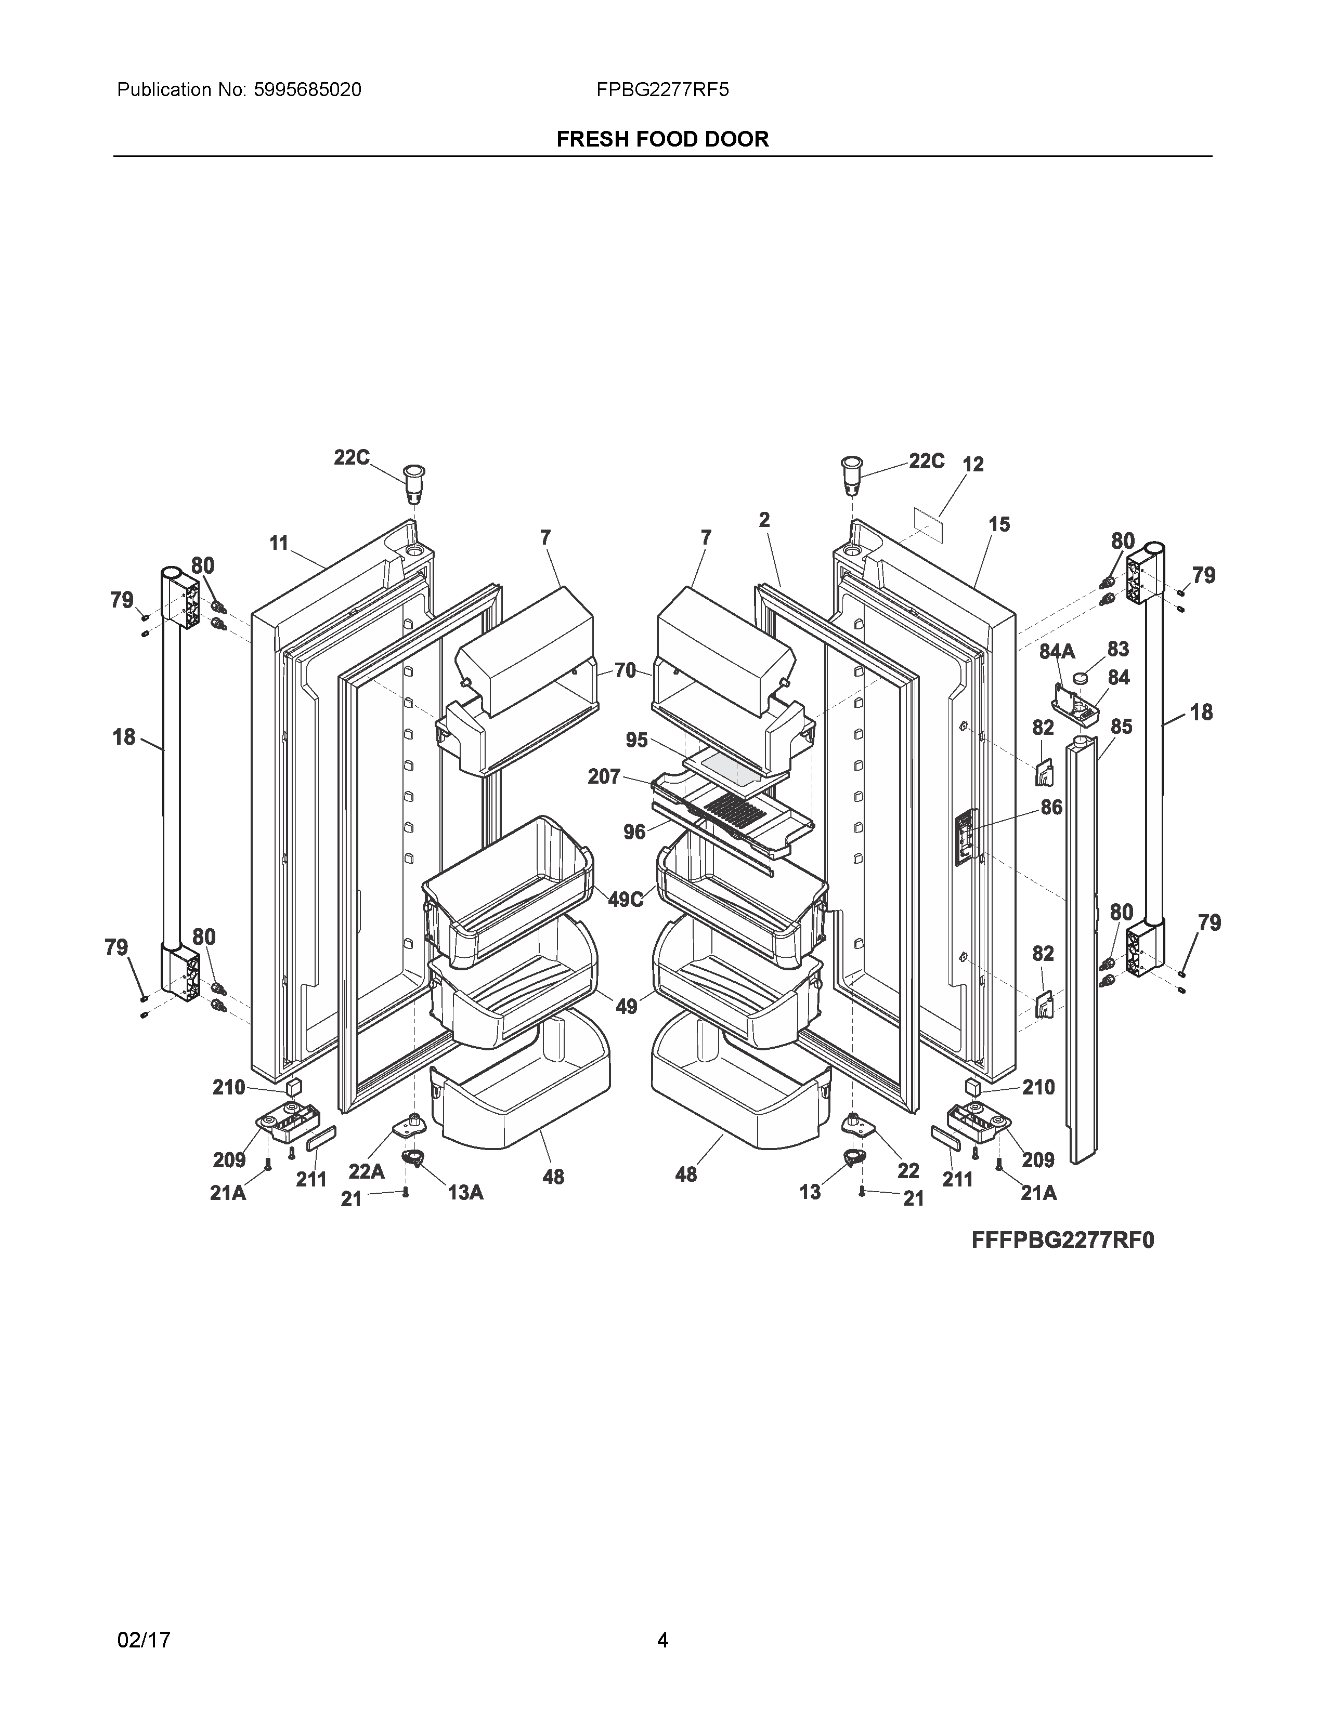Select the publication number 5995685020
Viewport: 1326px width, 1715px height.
(307, 90)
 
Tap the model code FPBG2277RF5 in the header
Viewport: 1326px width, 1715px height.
(662, 90)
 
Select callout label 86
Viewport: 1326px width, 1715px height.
(1051, 807)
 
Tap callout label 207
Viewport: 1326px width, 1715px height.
(604, 776)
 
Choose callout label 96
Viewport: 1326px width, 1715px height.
(635, 832)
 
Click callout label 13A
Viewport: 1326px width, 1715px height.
(465, 1193)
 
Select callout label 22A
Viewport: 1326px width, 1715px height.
(366, 1171)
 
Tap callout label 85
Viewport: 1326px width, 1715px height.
(1121, 727)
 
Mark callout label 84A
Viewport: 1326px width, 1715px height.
(1057, 651)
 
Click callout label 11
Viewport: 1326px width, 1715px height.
(279, 543)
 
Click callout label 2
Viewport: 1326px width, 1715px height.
(764, 520)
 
